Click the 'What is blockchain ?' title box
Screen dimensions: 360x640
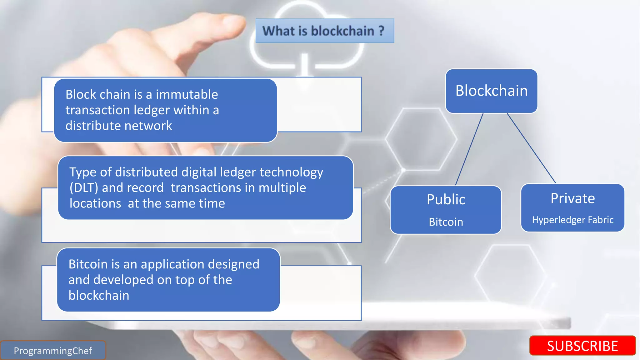325,31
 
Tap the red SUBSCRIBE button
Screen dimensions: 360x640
582,346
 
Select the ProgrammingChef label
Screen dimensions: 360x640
53,351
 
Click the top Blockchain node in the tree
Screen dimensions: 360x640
491,91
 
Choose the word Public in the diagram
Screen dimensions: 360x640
446,199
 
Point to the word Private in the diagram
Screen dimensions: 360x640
572,198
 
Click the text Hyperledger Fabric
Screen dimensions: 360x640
572,220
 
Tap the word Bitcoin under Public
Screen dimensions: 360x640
446,222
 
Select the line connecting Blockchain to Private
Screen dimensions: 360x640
531,148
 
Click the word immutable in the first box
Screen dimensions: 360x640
187,94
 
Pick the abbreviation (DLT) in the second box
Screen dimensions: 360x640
84,188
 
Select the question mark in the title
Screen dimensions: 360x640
381,31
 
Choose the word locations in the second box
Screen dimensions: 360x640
95,203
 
